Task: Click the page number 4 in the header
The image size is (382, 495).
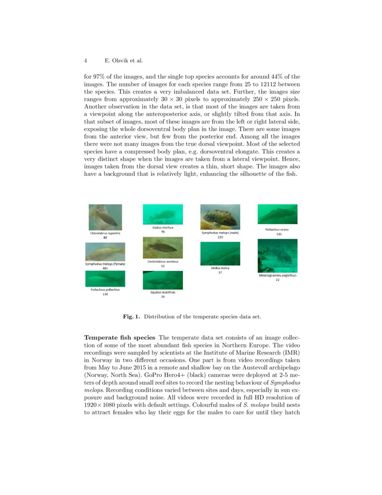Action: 85,60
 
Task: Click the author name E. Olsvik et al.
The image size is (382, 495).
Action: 123,60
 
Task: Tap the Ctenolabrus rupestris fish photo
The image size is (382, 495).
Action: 105,217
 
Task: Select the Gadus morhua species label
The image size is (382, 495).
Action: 163,228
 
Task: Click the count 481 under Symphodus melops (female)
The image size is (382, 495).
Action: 105,268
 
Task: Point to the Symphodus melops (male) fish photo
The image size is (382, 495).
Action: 220,217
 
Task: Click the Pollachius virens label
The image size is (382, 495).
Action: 277,229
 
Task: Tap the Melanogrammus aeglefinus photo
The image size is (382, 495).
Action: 277,256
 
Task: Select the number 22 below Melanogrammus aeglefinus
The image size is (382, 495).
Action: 277,279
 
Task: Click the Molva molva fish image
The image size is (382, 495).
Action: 220,253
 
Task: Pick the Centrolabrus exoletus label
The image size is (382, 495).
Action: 163,261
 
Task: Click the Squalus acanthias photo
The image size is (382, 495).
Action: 163,280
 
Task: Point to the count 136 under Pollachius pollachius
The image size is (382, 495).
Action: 105,294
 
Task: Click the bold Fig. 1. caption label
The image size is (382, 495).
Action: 131,317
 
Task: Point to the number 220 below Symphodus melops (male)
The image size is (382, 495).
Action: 220,237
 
